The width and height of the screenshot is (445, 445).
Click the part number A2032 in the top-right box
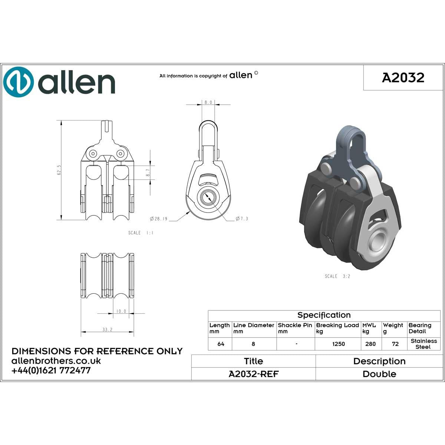coord(403,78)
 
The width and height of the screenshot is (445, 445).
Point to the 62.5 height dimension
coord(59,170)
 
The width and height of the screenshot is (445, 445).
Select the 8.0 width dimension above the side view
coord(208,102)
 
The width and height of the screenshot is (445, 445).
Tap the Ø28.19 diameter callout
coord(159,219)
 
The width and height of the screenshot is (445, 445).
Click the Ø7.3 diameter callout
coord(242,219)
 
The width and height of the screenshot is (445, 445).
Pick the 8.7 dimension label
coord(148,172)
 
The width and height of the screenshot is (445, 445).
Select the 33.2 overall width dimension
coord(107,329)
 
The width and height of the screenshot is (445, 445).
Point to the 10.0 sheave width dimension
coord(121,311)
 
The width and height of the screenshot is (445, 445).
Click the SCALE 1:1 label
coord(141,233)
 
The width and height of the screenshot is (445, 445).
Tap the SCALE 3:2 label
coord(337,276)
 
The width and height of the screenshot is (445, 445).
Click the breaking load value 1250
coord(338,344)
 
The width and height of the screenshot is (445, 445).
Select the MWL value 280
coord(370,344)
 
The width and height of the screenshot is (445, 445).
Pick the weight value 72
coord(395,344)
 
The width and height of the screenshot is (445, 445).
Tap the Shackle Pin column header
coord(295,328)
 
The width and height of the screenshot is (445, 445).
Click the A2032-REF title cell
coord(253,374)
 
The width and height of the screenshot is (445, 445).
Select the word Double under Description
coord(379,374)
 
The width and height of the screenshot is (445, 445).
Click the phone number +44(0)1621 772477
coord(51,370)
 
